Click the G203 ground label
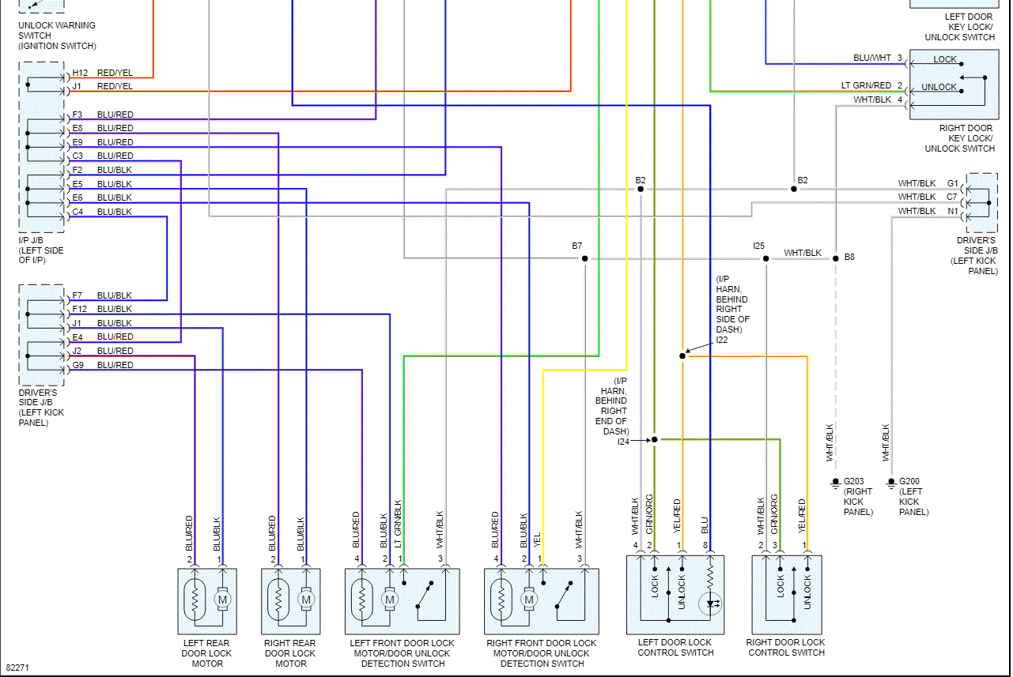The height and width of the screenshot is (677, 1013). tap(855, 481)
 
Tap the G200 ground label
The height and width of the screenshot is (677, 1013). tap(910, 481)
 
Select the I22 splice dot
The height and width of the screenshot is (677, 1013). tap(682, 355)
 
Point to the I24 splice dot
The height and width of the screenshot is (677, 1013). tap(655, 439)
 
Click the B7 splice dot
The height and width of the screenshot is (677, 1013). tap(585, 258)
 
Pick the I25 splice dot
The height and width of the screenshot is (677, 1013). tap(765, 258)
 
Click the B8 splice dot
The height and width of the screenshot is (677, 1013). tap(835, 258)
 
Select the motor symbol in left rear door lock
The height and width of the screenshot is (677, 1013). tap(222, 600)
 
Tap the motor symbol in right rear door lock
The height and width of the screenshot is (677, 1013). tap(306, 600)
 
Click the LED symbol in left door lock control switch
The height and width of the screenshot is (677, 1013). tap(710, 604)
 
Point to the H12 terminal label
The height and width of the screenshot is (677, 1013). tap(80, 73)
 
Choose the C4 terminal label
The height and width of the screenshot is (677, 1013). tap(77, 212)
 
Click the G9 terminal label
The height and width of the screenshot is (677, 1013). tap(77, 365)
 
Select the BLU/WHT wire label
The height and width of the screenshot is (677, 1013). tap(872, 58)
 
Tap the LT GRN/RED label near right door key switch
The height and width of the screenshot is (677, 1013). tap(866, 85)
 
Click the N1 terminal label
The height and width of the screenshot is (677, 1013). tap(953, 211)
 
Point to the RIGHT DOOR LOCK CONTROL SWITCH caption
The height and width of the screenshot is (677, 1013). tap(785, 648)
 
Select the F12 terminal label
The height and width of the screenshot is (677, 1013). tap(80, 309)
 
